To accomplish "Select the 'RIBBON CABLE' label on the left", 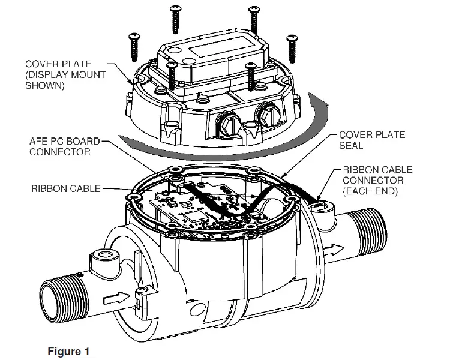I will point(65,188).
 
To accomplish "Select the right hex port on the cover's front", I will point(266,114).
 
